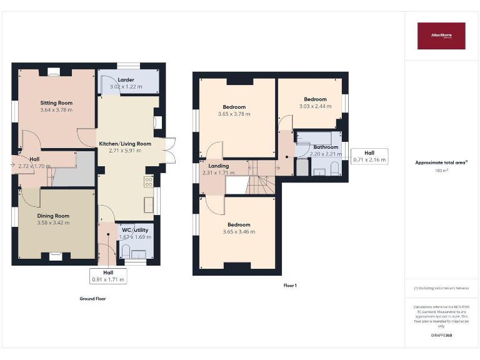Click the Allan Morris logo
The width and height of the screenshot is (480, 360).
coord(441,36)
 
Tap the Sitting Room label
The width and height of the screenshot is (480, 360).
coord(56,102)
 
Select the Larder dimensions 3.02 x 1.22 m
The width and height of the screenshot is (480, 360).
coord(126,86)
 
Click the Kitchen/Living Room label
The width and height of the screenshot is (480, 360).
coord(125,144)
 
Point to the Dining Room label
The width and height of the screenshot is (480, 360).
coord(52,216)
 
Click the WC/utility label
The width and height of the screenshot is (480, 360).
coord(136,230)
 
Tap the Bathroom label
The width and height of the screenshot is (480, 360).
coord(326,147)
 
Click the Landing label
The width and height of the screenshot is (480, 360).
coord(218,166)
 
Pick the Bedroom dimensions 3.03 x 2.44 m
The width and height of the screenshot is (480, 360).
coord(315,106)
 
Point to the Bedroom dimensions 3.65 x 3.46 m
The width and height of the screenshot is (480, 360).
coord(239,232)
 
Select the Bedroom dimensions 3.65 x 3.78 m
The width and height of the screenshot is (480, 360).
coord(234,114)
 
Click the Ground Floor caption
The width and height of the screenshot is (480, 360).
coord(92,299)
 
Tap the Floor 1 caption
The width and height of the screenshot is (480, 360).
coord(289,285)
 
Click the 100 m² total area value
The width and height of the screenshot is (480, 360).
coord(441,170)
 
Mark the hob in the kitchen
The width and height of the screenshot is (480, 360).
coord(149,182)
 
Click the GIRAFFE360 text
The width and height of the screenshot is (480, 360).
coord(441,336)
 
